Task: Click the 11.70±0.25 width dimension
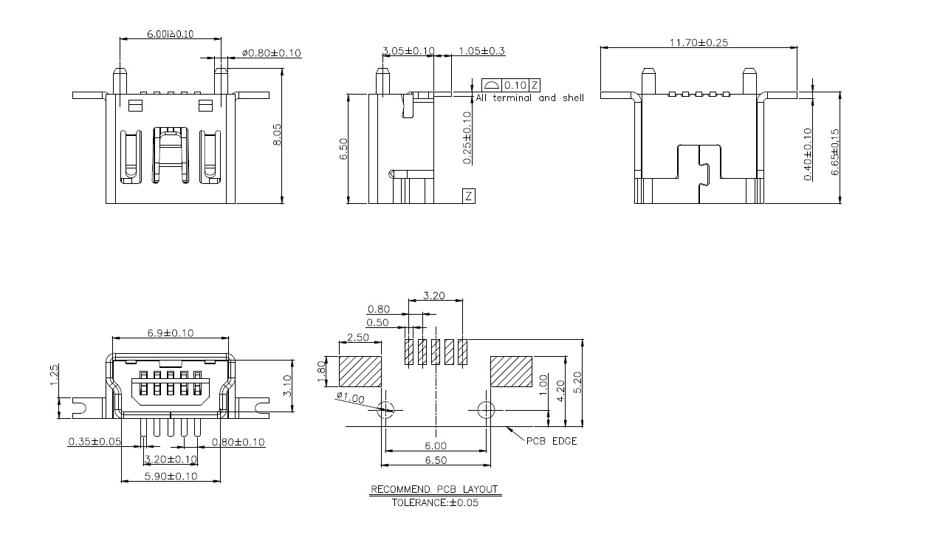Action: tap(698, 43)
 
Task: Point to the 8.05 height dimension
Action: tap(277, 134)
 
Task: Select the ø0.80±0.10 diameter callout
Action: tap(271, 53)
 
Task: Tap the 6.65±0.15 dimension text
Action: tap(835, 151)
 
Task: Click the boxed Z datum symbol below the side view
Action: tap(469, 196)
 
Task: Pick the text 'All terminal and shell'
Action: tap(529, 98)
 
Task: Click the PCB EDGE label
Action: tap(552, 441)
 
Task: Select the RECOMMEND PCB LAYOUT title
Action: tap(434, 489)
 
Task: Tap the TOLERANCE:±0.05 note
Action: tap(434, 502)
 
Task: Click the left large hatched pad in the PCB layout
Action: tap(360, 372)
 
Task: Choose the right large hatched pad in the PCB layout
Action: tap(511, 372)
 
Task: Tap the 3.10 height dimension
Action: tap(288, 384)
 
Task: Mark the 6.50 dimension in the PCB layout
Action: tap(436, 460)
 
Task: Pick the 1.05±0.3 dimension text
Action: tap(481, 51)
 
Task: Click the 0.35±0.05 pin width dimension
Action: tap(95, 442)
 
